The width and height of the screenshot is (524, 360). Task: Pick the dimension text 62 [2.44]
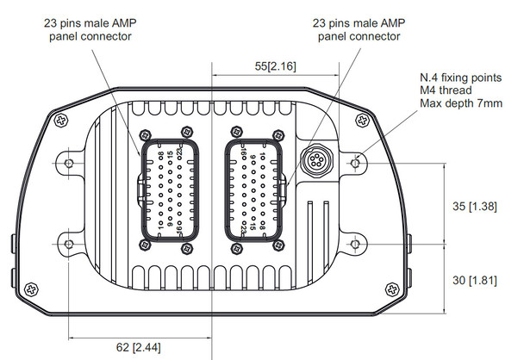139,346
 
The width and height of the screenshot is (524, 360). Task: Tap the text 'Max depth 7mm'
461,104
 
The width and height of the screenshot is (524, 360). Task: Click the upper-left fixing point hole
70,161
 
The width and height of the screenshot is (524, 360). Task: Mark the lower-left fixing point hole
70,231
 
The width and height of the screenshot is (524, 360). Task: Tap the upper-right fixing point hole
356,161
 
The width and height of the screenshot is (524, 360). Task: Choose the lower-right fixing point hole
356,231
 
